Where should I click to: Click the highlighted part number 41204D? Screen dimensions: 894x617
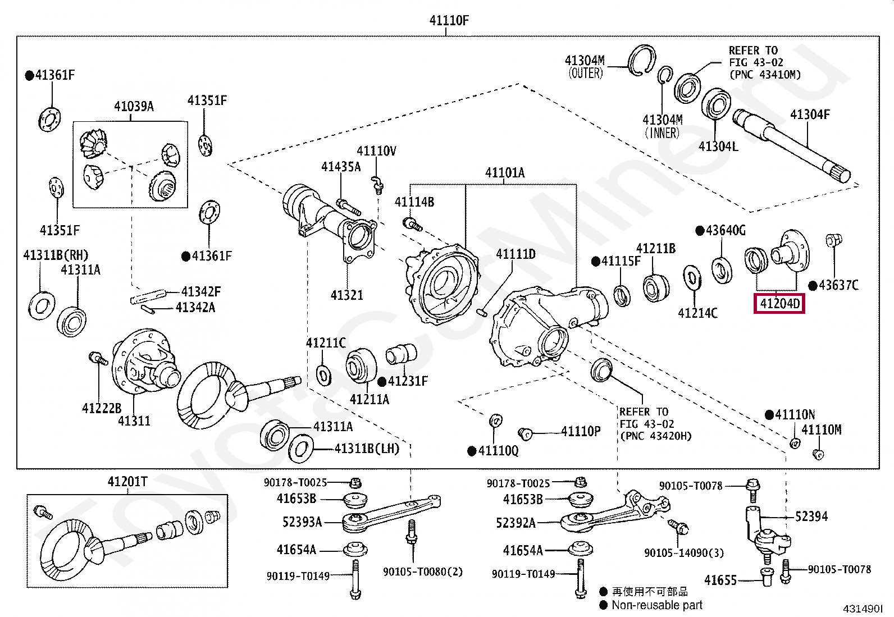point(779,304)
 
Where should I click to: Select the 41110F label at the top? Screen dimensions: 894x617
point(449,20)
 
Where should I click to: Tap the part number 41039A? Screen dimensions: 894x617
point(134,106)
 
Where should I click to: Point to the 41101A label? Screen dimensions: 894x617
point(505,172)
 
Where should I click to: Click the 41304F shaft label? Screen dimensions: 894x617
point(810,115)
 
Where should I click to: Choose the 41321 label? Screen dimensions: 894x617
point(347,295)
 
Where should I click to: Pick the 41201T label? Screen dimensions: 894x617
point(127,482)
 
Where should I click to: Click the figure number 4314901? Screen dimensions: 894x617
point(863,609)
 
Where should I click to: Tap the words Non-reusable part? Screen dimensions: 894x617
point(657,605)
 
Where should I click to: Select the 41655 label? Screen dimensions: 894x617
point(720,580)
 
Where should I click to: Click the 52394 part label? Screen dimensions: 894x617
point(811,517)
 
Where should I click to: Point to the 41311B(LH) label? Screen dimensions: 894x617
point(367,449)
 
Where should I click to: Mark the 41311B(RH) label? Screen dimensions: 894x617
point(56,255)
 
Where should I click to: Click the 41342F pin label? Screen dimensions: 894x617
point(200,291)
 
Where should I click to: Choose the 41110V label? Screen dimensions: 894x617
point(376,151)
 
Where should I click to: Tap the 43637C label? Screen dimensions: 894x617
point(838,285)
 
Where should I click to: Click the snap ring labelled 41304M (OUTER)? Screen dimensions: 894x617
point(641,60)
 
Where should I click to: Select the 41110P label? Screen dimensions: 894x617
point(581,431)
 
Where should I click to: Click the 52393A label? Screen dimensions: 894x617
point(302,522)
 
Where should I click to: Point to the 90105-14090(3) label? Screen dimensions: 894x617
point(684,553)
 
